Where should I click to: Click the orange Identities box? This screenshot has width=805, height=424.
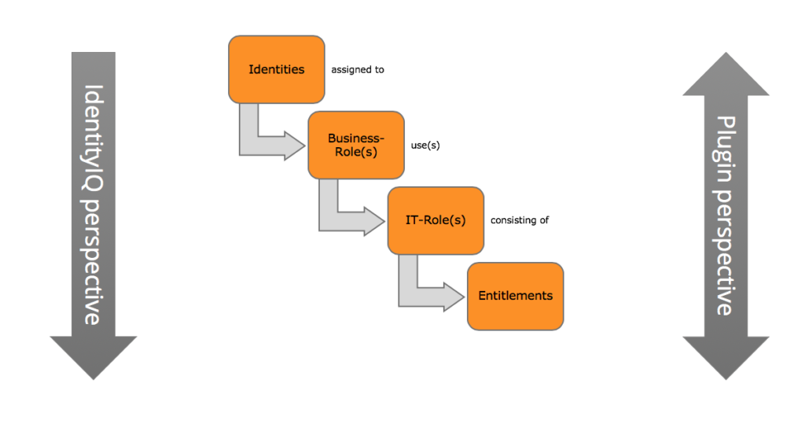[x=276, y=69]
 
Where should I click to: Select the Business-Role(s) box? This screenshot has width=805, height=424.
[x=356, y=146]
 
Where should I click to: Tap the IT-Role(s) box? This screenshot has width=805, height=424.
[x=436, y=220]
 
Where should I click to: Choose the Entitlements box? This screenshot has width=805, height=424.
[x=515, y=296]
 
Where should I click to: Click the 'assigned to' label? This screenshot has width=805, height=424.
[x=357, y=70]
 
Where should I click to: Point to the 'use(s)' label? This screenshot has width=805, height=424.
[x=425, y=146]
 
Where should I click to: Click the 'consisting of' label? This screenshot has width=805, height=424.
[x=519, y=220]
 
